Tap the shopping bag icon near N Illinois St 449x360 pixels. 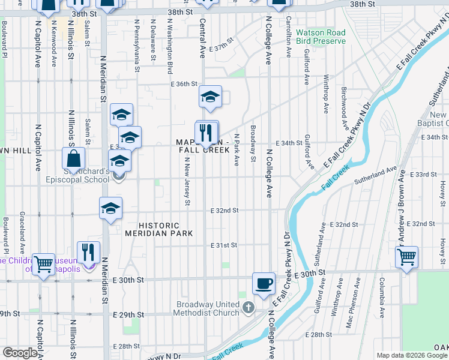[73, 160]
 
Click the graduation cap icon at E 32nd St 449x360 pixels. [110, 208]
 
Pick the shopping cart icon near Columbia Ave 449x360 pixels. [407, 257]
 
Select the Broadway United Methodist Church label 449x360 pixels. [208, 308]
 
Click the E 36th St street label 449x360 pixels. [183, 84]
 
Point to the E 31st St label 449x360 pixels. [224, 245]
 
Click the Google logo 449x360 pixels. [20, 353]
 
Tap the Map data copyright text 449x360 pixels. [411, 355]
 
